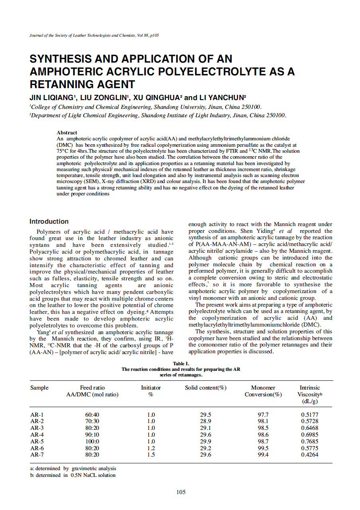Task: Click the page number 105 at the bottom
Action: tap(181, 492)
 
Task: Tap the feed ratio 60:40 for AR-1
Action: tap(92, 414)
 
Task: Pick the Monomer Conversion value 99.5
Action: tap(263, 448)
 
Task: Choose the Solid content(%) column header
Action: tap(206, 388)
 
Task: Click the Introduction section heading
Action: tap(49, 221)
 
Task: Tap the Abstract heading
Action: tap(67, 132)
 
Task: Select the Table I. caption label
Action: tap(181, 364)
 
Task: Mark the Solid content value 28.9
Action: tap(205, 421)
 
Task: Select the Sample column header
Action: tap(39, 388)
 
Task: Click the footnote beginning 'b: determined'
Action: tap(73, 475)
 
